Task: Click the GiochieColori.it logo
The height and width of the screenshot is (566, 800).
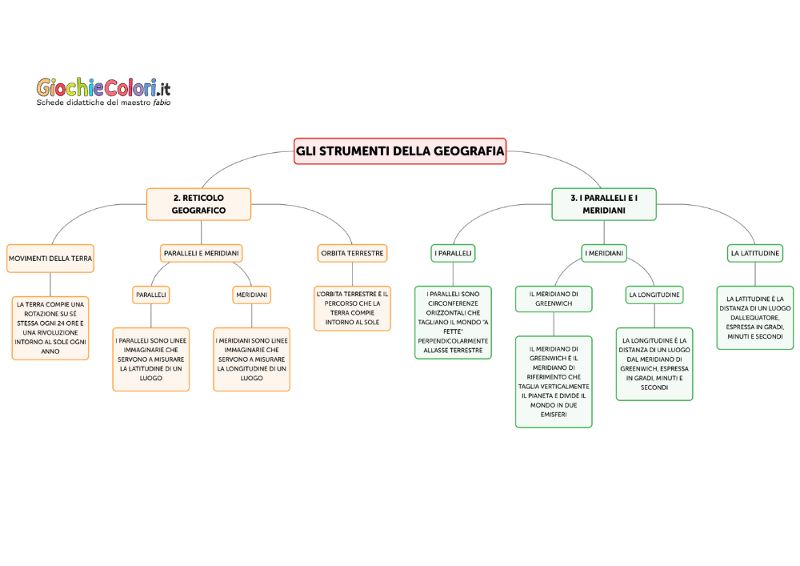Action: (x=103, y=86)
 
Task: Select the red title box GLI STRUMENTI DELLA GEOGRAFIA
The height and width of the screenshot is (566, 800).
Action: (x=400, y=151)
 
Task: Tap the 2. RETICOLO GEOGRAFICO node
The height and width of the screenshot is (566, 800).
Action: (x=198, y=204)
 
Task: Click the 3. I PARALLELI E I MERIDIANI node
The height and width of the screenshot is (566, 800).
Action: (x=604, y=204)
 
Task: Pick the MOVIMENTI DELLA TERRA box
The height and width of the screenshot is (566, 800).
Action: (x=50, y=259)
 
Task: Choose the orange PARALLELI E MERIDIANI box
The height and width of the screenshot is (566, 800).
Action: (x=202, y=253)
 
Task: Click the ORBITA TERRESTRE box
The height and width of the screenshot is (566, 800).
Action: (x=352, y=253)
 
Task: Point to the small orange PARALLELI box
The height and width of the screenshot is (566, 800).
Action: (x=151, y=295)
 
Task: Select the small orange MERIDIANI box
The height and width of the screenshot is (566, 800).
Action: (x=251, y=295)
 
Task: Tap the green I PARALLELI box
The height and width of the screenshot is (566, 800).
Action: (x=453, y=253)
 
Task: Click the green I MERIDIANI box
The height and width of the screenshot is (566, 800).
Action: (x=604, y=253)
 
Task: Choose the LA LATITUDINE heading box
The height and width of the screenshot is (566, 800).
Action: (x=754, y=253)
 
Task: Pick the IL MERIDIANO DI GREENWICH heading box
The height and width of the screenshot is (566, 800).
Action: (x=554, y=299)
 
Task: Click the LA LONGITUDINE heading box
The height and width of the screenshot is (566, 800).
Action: (x=654, y=295)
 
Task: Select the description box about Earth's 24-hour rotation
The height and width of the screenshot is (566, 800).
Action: (x=50, y=327)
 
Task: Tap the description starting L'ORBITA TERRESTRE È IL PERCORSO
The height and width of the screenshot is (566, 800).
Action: (x=352, y=308)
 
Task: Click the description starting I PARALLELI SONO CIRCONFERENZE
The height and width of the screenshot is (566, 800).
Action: (x=453, y=323)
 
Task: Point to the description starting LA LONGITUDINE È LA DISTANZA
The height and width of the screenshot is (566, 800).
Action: (x=654, y=363)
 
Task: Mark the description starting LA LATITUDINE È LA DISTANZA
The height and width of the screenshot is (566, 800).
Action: (x=754, y=317)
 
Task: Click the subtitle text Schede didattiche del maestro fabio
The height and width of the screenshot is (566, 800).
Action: (x=103, y=102)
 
